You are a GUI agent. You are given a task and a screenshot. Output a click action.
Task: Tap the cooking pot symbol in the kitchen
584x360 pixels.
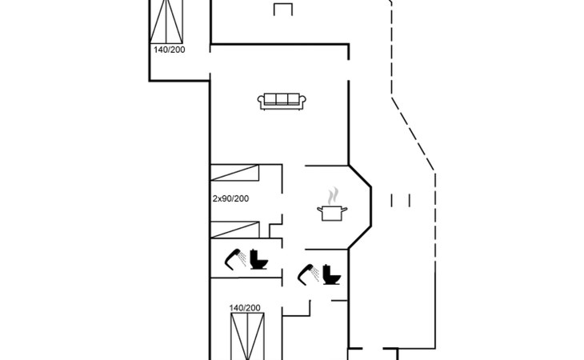click(331, 213)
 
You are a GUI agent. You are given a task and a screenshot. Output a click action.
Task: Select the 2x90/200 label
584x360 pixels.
click(230, 198)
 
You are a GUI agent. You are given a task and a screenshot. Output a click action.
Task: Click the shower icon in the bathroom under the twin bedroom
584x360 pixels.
click(234, 258)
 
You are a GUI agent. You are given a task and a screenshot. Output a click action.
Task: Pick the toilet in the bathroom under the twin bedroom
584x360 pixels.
click(258, 259)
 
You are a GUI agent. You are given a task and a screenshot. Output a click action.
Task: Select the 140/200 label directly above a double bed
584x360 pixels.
click(245, 308)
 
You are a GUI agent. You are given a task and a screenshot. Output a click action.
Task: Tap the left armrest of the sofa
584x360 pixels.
click(261, 101)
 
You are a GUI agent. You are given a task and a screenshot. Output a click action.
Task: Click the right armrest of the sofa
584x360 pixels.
click(304, 101)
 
